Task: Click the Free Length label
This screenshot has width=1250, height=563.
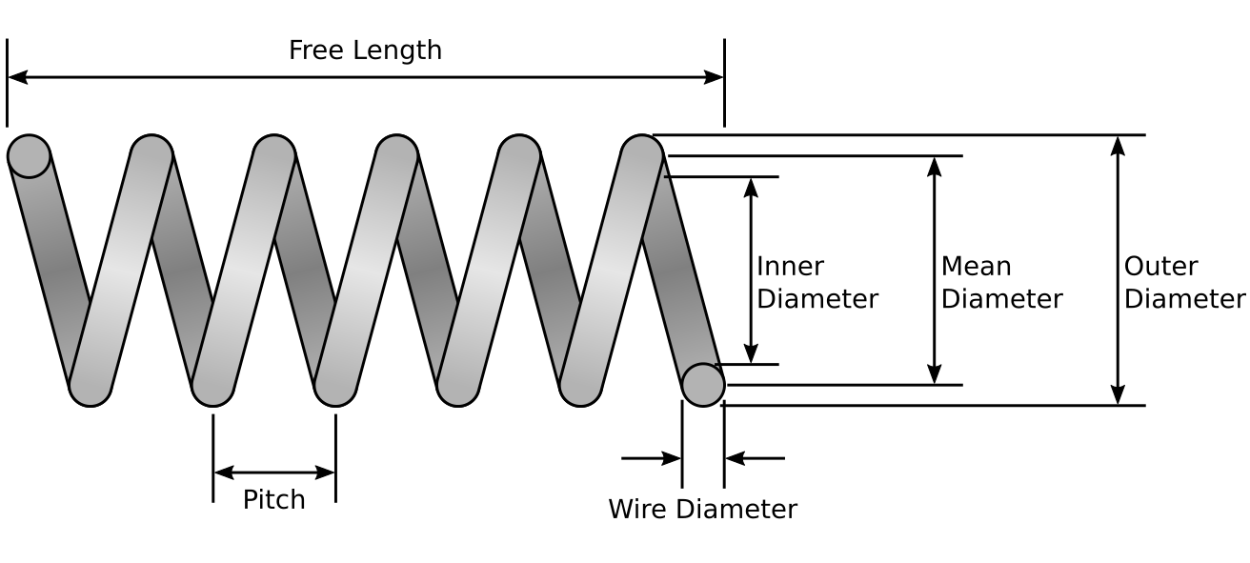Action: pyautogui.click(x=365, y=50)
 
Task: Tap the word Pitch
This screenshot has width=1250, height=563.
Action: pyautogui.click(x=273, y=499)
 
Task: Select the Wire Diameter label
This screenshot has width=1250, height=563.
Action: pyautogui.click(x=702, y=509)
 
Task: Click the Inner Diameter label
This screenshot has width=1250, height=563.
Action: pyautogui.click(x=817, y=282)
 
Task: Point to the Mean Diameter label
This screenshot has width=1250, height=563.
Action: pyautogui.click(x=1001, y=282)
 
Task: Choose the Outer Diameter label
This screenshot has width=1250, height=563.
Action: pyautogui.click(x=1184, y=282)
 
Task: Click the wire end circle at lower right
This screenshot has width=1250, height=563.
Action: pyautogui.click(x=703, y=385)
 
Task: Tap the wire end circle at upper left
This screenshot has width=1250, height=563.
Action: pyautogui.click(x=29, y=156)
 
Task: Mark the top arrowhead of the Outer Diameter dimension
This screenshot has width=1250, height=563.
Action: pyautogui.click(x=1119, y=145)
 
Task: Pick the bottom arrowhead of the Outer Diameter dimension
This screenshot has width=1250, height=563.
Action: pyautogui.click(x=1119, y=395)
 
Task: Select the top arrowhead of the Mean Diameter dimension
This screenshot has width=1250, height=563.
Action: pyautogui.click(x=935, y=166)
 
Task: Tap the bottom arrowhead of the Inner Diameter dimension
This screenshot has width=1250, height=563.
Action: pyautogui.click(x=752, y=354)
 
